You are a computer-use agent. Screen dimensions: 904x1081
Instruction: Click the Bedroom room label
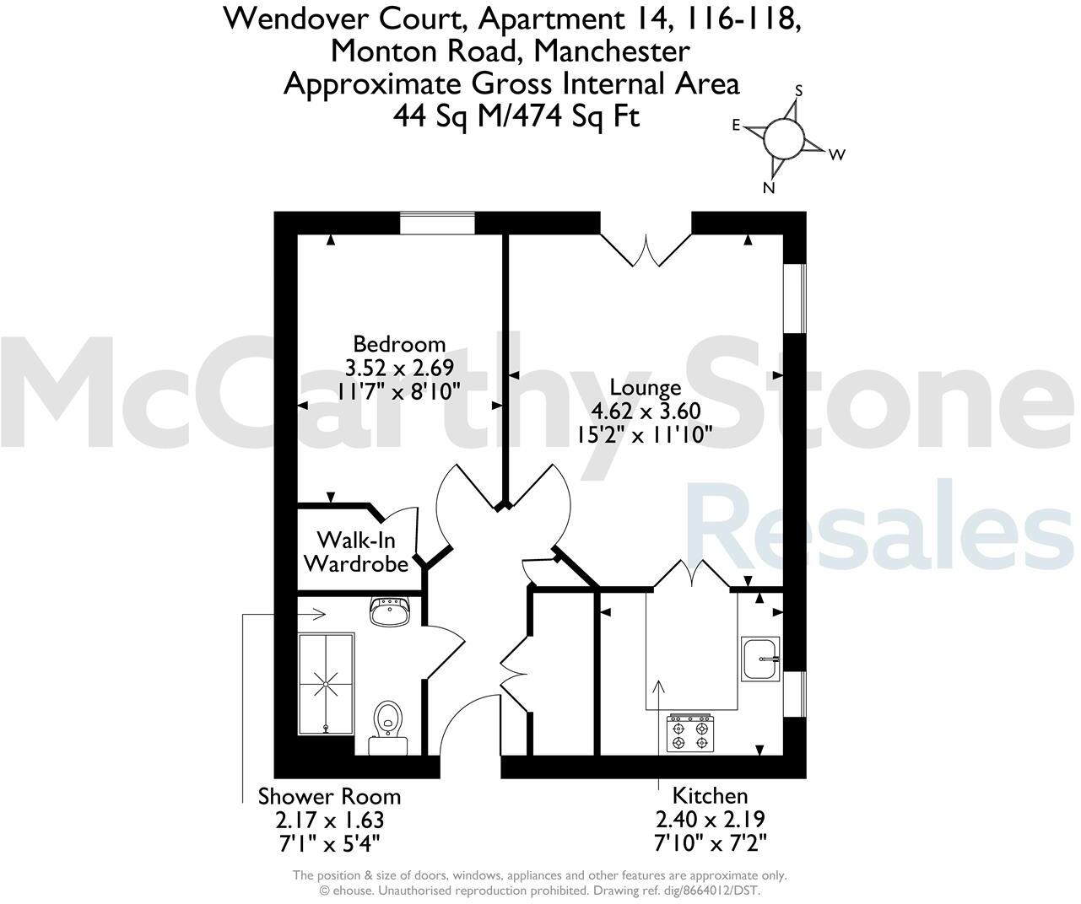(x=399, y=344)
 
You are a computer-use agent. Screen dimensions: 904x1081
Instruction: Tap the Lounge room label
(x=646, y=388)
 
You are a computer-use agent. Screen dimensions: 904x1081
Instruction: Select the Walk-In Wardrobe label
(x=356, y=552)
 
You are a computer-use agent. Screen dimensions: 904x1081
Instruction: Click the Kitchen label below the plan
(x=710, y=795)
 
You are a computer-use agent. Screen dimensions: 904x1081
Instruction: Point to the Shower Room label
(x=329, y=796)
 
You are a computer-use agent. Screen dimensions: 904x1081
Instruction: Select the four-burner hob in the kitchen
(x=689, y=732)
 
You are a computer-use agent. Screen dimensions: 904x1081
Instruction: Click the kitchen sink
(x=760, y=659)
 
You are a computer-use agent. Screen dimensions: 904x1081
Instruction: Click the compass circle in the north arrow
(x=782, y=137)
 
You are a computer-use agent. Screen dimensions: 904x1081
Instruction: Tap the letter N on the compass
(x=768, y=188)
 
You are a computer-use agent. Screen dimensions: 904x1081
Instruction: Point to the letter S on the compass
(x=799, y=90)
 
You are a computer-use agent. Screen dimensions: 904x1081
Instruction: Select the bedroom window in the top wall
(x=437, y=223)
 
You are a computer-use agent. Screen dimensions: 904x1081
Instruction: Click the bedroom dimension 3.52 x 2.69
(x=399, y=368)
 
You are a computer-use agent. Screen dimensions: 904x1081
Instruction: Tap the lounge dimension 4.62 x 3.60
(x=646, y=412)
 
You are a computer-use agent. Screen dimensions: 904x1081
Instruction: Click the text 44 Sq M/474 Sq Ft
(x=516, y=116)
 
